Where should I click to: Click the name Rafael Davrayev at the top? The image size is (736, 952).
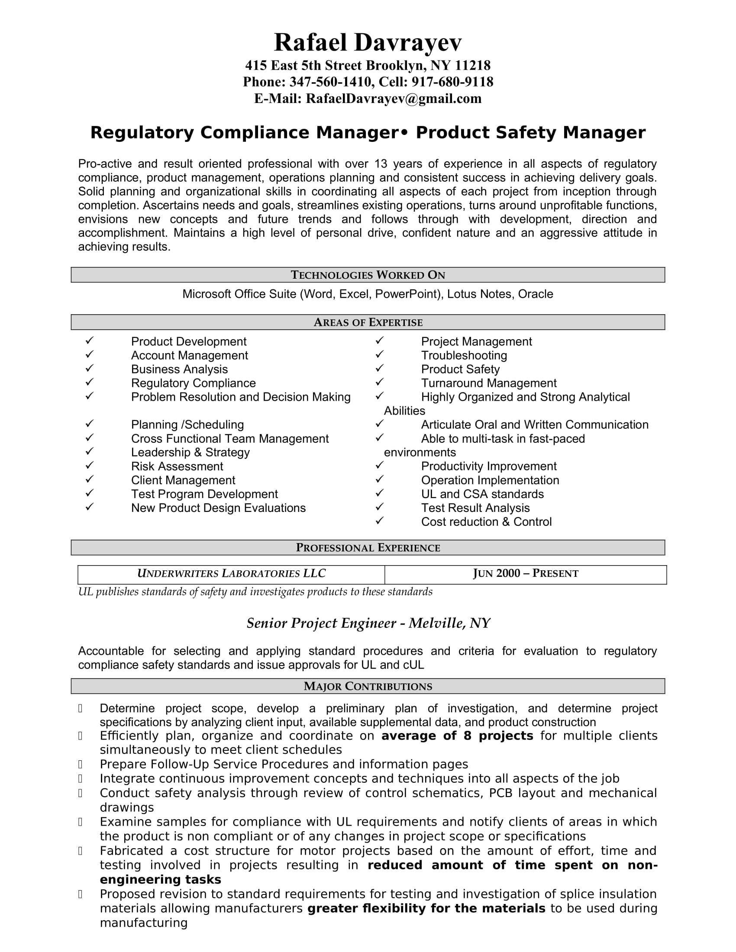(368, 43)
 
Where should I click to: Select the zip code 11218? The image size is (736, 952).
(473, 65)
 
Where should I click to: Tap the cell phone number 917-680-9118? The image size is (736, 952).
(452, 82)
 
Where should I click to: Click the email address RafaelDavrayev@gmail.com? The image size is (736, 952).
(393, 99)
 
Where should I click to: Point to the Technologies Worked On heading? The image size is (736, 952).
(368, 275)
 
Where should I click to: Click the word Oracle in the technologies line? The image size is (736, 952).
(536, 294)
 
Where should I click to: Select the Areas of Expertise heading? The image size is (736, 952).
(368, 322)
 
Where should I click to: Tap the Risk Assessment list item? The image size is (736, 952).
(177, 466)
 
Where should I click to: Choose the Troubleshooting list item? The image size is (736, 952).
(464, 356)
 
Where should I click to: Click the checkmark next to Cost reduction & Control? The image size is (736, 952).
(379, 521)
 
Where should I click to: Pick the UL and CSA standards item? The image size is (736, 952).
(482, 494)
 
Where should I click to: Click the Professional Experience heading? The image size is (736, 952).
(368, 548)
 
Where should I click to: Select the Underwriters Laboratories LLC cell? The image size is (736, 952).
(231, 574)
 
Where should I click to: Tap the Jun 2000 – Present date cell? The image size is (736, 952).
(526, 574)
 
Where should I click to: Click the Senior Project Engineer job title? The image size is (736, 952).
(368, 624)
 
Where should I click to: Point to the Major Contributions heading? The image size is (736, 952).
(368, 687)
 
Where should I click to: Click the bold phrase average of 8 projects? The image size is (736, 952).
(457, 736)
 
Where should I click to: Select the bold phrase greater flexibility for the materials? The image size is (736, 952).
(426, 909)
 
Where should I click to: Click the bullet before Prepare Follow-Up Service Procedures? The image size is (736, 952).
(80, 764)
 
